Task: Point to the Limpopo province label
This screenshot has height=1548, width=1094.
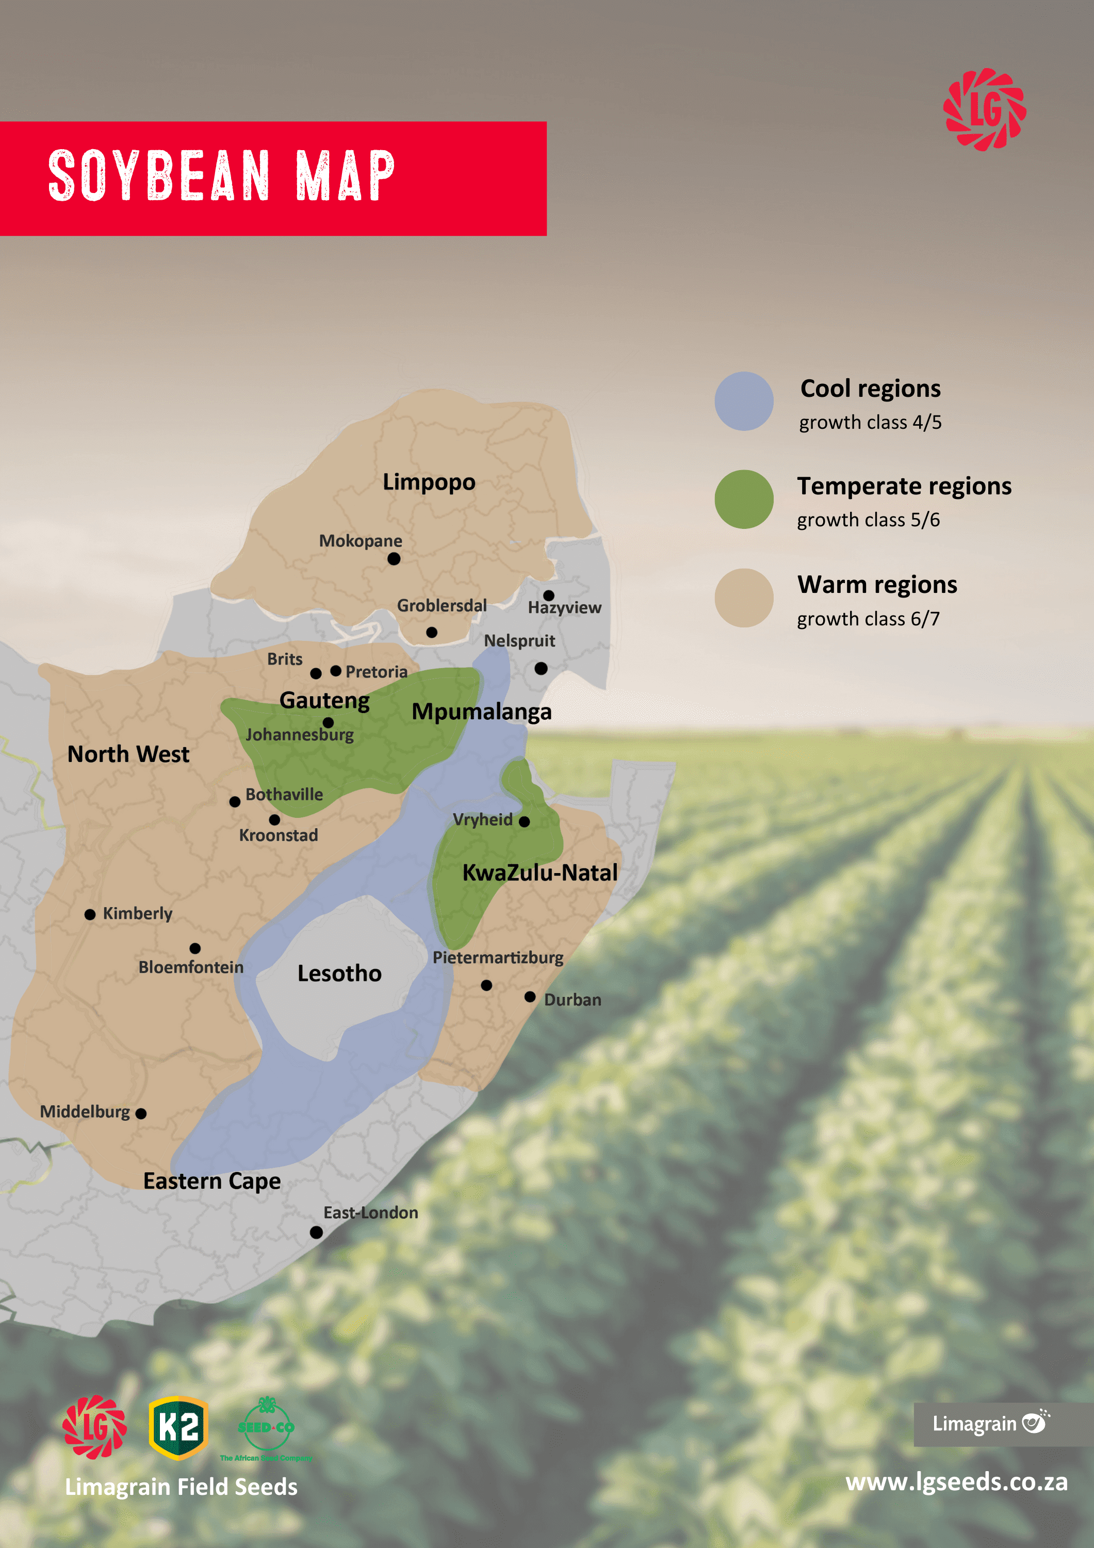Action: (x=429, y=482)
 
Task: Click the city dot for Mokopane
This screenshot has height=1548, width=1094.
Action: (x=394, y=558)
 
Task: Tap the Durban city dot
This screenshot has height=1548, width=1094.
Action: (x=530, y=996)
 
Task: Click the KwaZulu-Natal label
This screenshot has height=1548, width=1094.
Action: (x=539, y=873)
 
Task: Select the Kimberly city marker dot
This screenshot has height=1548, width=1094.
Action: (x=90, y=914)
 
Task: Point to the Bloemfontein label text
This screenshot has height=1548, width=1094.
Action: (x=191, y=967)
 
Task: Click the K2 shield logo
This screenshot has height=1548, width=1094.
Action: (x=178, y=1427)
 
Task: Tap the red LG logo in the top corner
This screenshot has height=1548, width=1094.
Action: (x=984, y=108)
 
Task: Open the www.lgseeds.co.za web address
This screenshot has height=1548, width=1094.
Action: (x=956, y=1482)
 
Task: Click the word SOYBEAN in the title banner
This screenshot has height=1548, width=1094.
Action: (x=159, y=176)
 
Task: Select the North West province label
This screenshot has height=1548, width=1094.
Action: (x=128, y=754)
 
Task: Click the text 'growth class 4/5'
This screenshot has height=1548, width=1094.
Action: (x=870, y=423)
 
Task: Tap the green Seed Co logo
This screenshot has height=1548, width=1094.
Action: (x=266, y=1427)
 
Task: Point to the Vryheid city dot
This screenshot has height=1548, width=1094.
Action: (x=525, y=821)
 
